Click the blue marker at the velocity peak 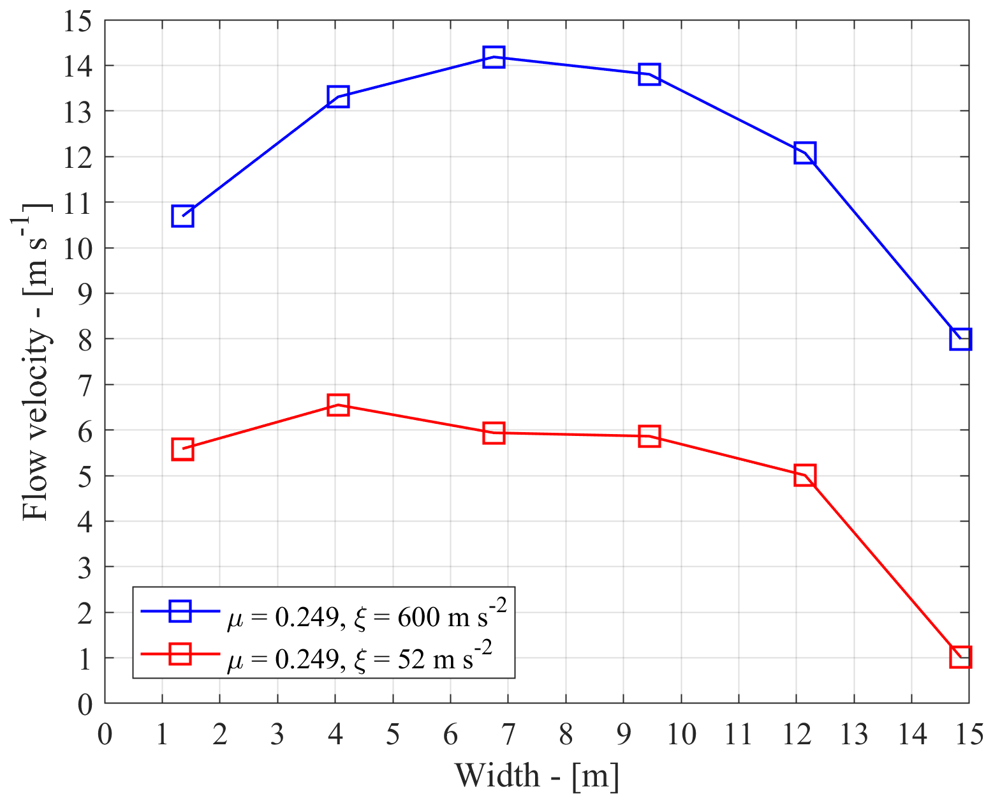(494, 57)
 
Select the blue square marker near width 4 (338, 97)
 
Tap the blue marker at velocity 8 (960, 339)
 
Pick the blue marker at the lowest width (182, 216)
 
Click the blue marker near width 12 (805, 153)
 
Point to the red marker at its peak (338, 404)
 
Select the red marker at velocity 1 (960, 656)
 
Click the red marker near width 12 (805, 476)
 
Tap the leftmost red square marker (182, 449)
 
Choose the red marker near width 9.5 (649, 437)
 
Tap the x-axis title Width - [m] (536, 776)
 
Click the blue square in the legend (180, 611)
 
